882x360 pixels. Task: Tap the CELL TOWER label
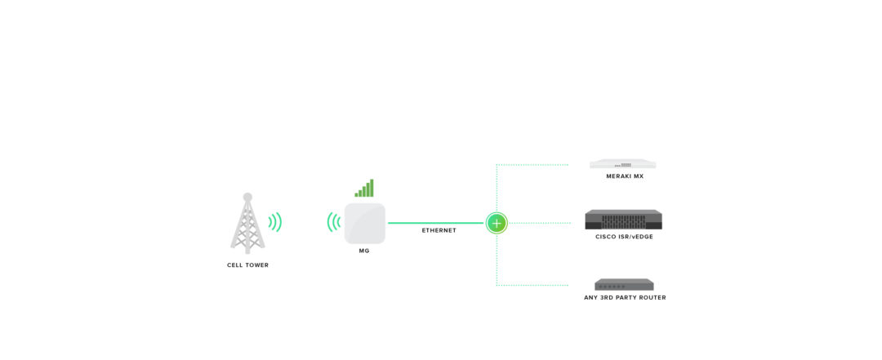point(247,265)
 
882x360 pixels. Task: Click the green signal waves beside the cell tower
point(275,222)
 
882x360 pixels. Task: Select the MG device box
point(364,223)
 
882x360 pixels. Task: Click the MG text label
point(364,251)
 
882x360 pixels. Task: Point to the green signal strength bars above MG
point(364,189)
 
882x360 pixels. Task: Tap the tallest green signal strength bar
point(372,188)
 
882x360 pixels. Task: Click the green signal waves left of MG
point(333,222)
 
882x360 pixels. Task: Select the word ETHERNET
point(439,231)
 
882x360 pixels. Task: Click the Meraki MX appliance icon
point(623,164)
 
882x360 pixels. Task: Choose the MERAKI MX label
point(625,176)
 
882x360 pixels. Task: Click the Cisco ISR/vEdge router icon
point(623,220)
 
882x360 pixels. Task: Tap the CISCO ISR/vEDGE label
point(624,237)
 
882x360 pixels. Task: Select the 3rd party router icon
point(624,284)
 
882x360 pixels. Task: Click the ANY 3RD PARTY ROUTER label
point(625,298)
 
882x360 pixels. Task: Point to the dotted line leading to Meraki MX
point(531,165)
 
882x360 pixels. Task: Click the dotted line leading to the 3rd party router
point(531,285)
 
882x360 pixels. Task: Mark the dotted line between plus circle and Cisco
point(539,223)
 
